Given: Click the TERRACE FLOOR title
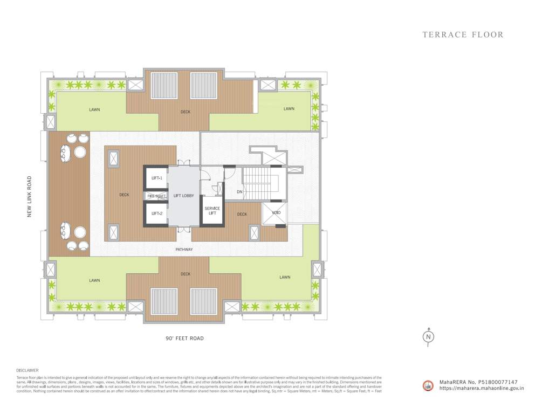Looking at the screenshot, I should pyautogui.click(x=463, y=35).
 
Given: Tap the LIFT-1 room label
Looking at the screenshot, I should pyautogui.click(x=157, y=178).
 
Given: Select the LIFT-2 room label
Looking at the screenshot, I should pyautogui.click(x=157, y=214).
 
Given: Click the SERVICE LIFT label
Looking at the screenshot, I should pyautogui.click(x=212, y=211).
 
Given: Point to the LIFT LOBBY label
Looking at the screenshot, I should pyautogui.click(x=183, y=196).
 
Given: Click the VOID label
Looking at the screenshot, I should pyautogui.click(x=276, y=212).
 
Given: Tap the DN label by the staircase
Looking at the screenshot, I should pyautogui.click(x=240, y=191).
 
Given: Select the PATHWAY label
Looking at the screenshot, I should pyautogui.click(x=184, y=250).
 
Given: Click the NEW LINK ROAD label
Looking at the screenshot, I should pyautogui.click(x=30, y=196).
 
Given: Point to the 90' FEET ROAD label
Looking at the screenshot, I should pyautogui.click(x=184, y=339).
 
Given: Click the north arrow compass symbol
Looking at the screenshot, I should pyautogui.click(x=428, y=336).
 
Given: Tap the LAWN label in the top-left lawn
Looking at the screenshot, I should pyautogui.click(x=95, y=110).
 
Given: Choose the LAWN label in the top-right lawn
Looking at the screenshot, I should pyautogui.click(x=289, y=109).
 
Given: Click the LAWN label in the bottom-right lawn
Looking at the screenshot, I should pyautogui.click(x=285, y=278).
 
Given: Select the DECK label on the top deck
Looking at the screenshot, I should pyautogui.click(x=186, y=112).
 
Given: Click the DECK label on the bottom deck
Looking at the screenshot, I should pyautogui.click(x=186, y=274).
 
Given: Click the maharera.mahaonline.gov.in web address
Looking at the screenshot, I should pyautogui.click(x=482, y=388).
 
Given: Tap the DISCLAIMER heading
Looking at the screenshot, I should pyautogui.click(x=28, y=370).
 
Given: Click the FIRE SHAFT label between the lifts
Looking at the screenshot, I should pyautogui.click(x=156, y=196).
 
